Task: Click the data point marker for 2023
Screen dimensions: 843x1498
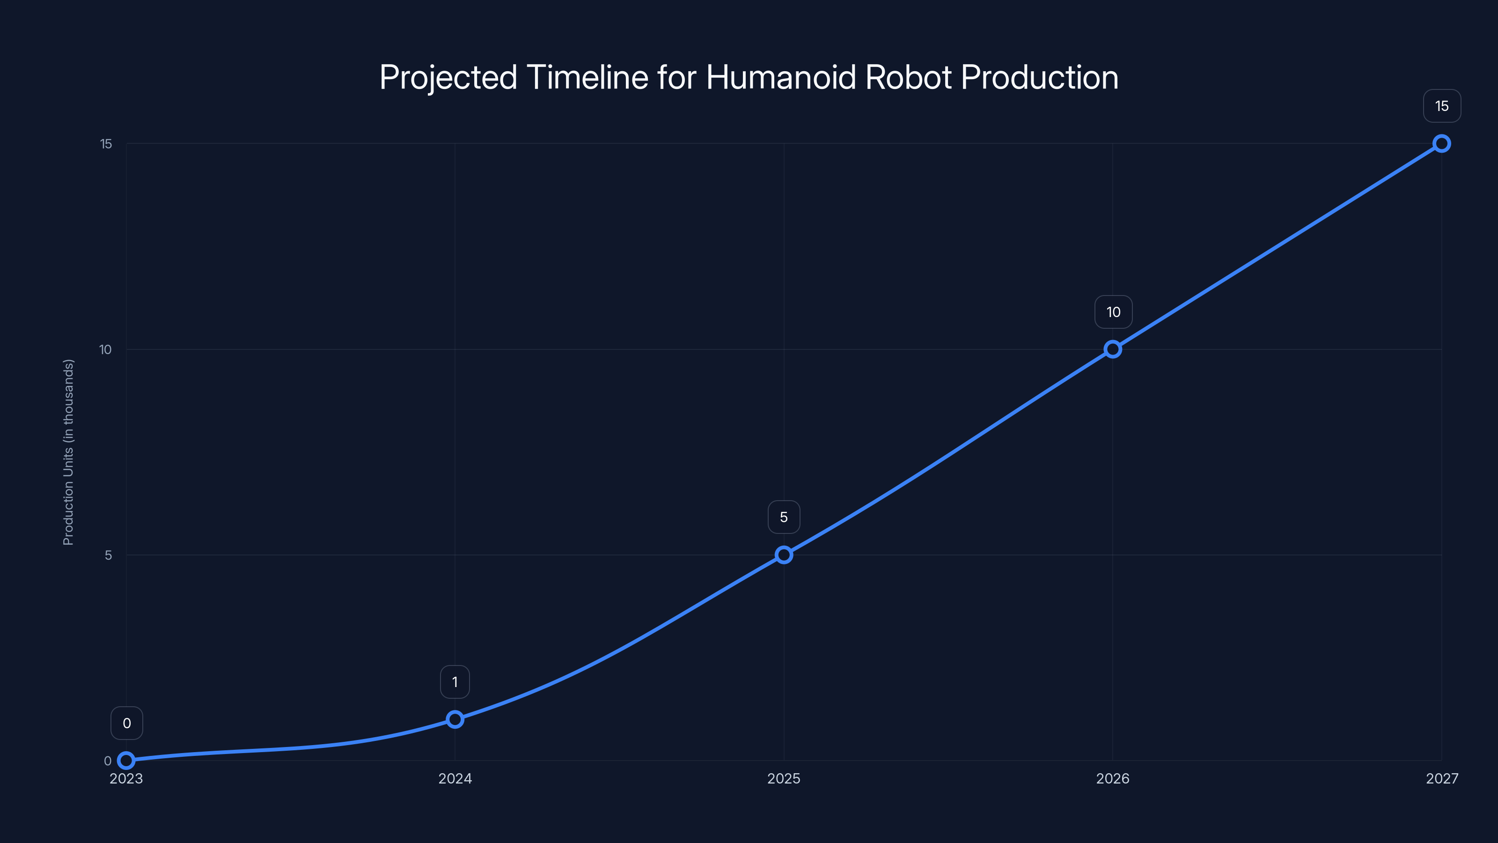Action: [x=126, y=761]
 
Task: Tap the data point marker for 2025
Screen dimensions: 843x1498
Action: [x=784, y=555]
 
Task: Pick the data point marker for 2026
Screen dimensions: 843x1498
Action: [x=1112, y=349]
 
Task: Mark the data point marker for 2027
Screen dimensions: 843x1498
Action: [x=1442, y=143]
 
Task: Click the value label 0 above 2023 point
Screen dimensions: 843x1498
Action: [x=127, y=723]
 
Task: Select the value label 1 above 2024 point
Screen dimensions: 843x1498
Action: [x=455, y=682]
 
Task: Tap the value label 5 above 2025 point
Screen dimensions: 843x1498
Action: [x=784, y=517]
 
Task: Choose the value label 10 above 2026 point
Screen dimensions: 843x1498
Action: [x=1113, y=312]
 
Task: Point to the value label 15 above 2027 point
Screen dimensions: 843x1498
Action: [x=1442, y=106]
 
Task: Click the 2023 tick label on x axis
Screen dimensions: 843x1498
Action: [x=126, y=778]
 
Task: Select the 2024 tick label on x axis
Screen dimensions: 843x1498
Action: [x=455, y=778]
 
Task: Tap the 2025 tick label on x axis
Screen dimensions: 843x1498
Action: [x=784, y=778]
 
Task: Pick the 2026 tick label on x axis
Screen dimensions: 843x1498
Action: [x=1112, y=778]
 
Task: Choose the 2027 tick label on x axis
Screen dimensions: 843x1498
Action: [x=1442, y=778]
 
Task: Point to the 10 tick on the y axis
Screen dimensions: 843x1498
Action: [x=105, y=350]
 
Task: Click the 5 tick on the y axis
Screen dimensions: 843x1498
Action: [x=108, y=555]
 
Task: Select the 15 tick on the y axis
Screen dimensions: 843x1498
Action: [x=106, y=144]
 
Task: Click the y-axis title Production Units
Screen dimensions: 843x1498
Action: [x=69, y=452]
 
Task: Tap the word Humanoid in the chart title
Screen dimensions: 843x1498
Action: [x=781, y=77]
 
